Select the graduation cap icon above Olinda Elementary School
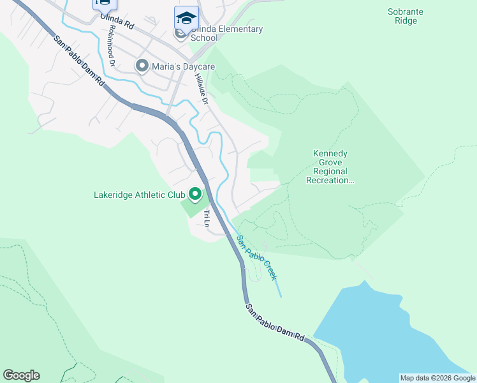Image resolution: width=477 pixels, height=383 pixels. click(x=186, y=17)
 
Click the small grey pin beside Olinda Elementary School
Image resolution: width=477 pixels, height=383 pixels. click(x=181, y=33)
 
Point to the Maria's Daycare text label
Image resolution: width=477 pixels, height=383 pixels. click(x=183, y=66)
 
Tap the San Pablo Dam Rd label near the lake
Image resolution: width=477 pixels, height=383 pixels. click(x=276, y=326)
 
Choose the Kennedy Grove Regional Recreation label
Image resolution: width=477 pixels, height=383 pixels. click(x=330, y=167)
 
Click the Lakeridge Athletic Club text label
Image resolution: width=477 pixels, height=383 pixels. click(x=139, y=195)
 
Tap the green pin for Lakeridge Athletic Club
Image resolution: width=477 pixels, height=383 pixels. click(x=194, y=193)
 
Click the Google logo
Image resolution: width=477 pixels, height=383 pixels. click(x=21, y=375)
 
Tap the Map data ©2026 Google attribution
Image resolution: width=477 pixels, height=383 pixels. click(x=437, y=378)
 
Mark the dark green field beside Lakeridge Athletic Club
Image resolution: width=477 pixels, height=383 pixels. click(x=194, y=209)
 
